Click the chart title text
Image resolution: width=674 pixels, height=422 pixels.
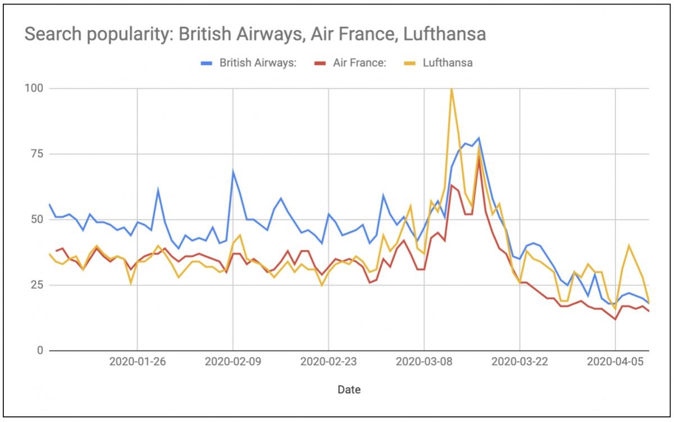tap(255, 35)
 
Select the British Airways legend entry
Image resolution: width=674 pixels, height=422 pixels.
tap(249, 63)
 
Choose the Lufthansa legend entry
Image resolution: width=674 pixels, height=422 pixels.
tap(440, 63)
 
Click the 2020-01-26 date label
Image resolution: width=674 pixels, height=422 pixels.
tap(138, 362)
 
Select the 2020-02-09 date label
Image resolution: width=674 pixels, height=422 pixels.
tap(233, 362)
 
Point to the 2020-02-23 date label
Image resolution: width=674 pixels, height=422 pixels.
tap(329, 362)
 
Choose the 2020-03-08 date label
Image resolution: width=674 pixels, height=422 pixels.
tap(424, 362)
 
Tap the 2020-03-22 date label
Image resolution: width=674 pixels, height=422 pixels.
tap(520, 362)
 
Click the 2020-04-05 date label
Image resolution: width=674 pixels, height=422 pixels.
tap(616, 362)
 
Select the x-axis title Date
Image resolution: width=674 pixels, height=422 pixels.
tap(349, 389)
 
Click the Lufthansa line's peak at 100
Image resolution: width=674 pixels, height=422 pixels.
tap(451, 89)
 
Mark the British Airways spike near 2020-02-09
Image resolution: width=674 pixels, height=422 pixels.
tap(233, 171)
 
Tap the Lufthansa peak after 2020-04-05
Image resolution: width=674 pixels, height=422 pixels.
tap(629, 245)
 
